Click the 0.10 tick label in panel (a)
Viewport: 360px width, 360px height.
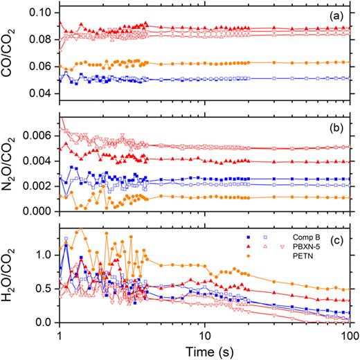(x=41, y=13)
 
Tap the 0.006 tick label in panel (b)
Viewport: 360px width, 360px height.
(x=37, y=136)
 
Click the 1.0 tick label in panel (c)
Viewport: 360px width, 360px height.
(x=45, y=255)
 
